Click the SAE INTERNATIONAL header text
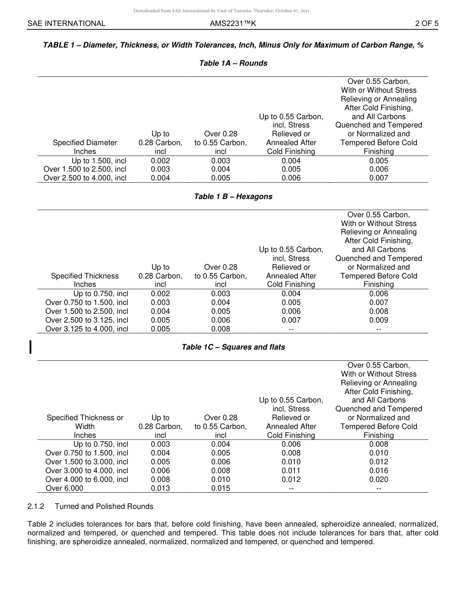point(66,23)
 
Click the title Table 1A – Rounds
point(233,63)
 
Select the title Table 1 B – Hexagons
point(233,197)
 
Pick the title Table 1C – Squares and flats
point(233,347)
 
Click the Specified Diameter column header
point(85,147)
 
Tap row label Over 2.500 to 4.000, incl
point(85,178)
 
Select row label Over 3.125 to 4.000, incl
point(87,329)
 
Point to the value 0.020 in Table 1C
point(378,479)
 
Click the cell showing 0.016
point(378,471)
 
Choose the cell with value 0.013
point(160,488)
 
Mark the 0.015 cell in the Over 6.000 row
point(220,488)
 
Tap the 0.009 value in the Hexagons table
point(378,320)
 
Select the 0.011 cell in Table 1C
point(291,471)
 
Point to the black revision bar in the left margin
point(31,347)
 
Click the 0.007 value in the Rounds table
point(378,178)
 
